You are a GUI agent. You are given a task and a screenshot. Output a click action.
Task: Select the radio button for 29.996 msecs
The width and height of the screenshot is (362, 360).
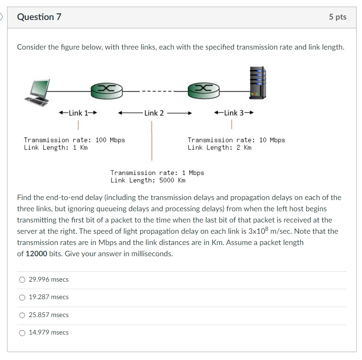pyautogui.click(x=22, y=280)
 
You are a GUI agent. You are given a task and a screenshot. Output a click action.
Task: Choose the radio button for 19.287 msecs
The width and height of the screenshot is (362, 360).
pyautogui.click(x=22, y=297)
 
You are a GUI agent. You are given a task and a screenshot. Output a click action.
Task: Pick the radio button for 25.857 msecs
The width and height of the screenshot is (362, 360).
pyautogui.click(x=22, y=315)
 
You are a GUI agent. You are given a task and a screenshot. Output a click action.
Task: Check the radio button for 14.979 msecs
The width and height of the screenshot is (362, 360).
pyautogui.click(x=22, y=332)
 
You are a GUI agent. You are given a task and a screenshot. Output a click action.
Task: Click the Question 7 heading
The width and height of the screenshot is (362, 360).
pyautogui.click(x=39, y=17)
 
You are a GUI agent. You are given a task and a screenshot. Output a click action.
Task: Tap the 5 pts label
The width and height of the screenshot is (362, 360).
pyautogui.click(x=337, y=17)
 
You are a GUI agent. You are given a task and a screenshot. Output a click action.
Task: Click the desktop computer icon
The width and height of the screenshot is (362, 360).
pyautogui.click(x=38, y=92)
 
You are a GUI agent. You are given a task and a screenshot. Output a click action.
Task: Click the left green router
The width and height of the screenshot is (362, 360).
pyautogui.click(x=107, y=90)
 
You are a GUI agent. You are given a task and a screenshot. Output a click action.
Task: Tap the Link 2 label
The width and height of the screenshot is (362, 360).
pyautogui.click(x=154, y=113)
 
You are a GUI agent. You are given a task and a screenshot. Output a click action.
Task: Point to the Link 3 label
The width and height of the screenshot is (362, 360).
pyautogui.click(x=233, y=113)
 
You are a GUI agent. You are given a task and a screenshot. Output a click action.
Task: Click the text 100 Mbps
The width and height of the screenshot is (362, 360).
pyautogui.click(x=110, y=140)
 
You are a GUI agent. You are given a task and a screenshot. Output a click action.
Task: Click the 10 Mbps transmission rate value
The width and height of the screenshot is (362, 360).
pyautogui.click(x=272, y=140)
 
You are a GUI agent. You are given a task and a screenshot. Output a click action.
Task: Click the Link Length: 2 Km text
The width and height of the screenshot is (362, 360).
pyautogui.click(x=219, y=147)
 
